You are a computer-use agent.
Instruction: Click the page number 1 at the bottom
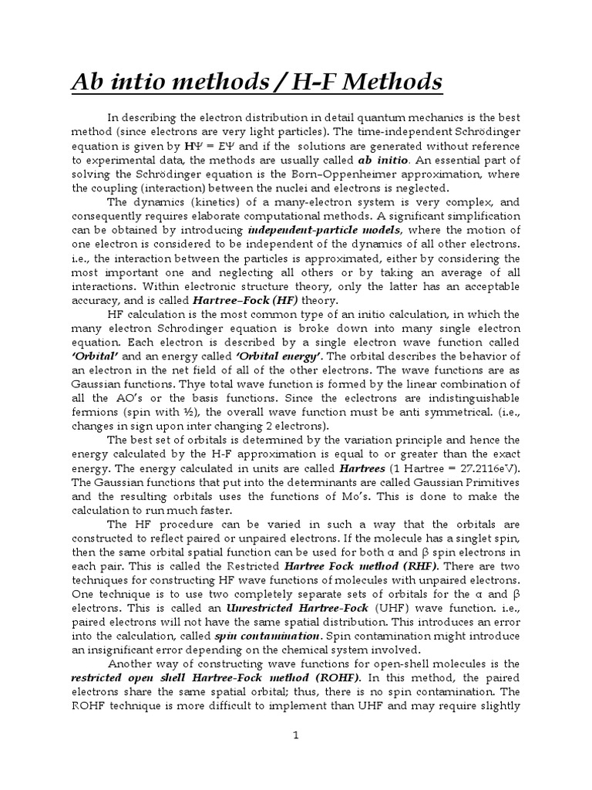[295, 735]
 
